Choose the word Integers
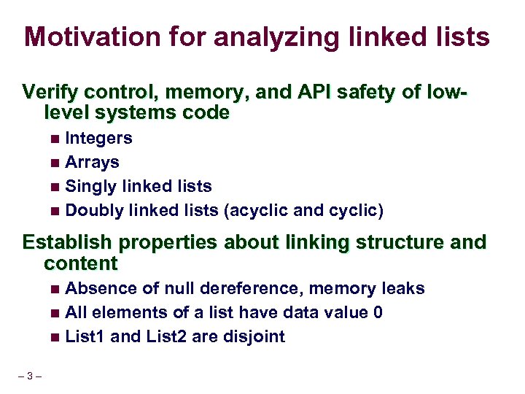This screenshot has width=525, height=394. (98, 138)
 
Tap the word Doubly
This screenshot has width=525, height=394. (94, 211)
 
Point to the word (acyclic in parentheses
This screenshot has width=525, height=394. (254, 212)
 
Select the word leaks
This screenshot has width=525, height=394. (402, 288)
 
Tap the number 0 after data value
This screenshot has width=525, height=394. (378, 312)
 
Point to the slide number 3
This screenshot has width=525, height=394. (28, 376)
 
